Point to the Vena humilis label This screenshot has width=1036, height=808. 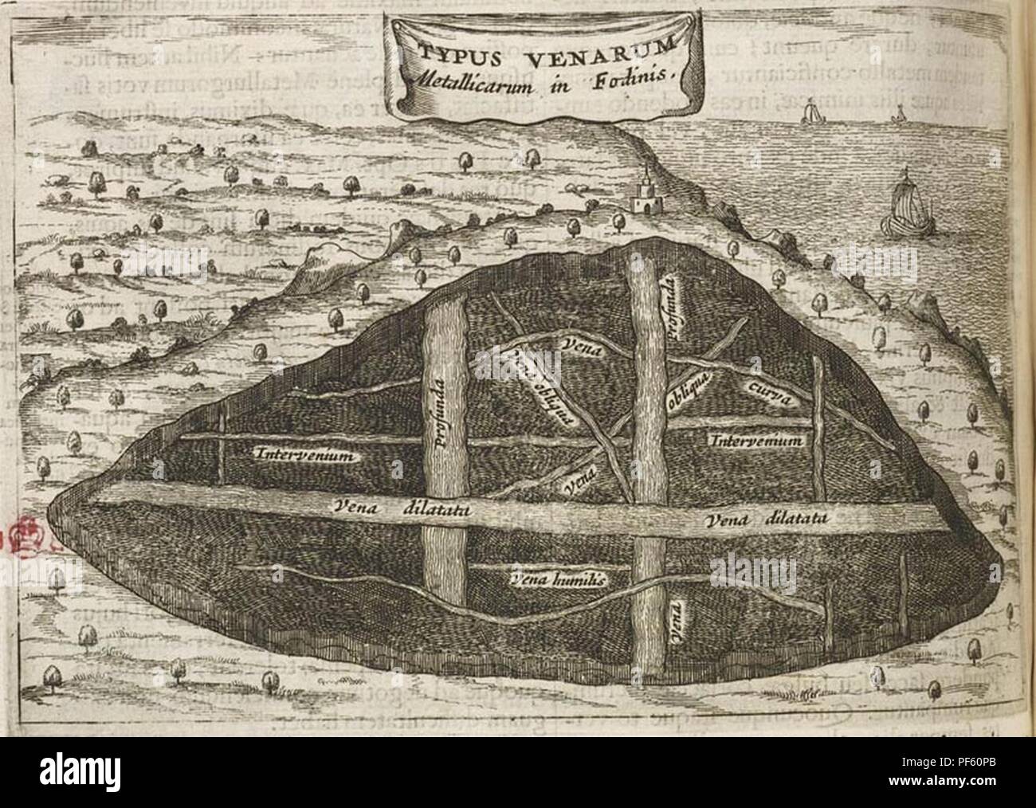pyautogui.click(x=556, y=579)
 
